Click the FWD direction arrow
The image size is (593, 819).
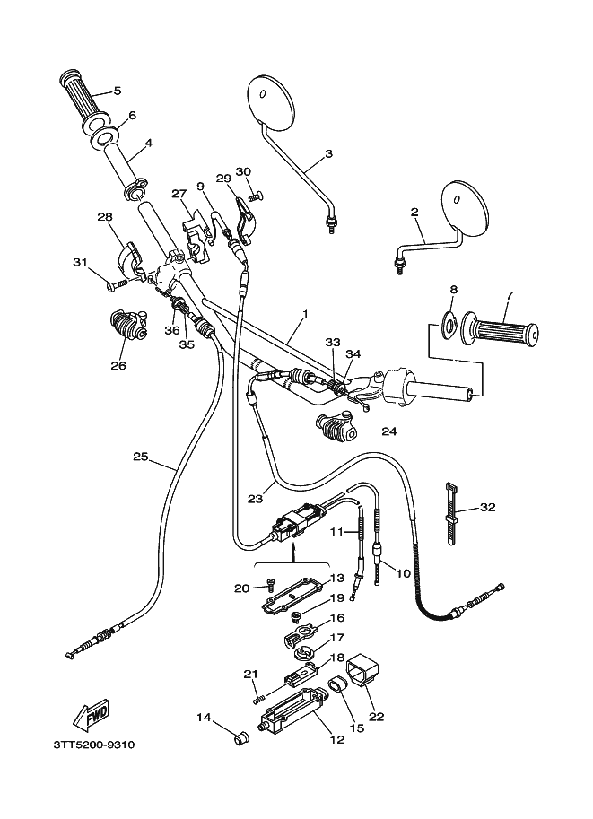click(92, 714)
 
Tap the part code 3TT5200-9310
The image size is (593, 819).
click(94, 745)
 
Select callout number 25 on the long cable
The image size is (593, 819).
click(141, 457)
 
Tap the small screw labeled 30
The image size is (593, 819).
click(255, 196)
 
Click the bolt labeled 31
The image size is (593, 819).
click(117, 285)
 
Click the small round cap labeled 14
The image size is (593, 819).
click(240, 738)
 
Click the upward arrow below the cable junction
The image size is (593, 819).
click(293, 550)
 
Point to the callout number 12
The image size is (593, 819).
click(337, 739)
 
